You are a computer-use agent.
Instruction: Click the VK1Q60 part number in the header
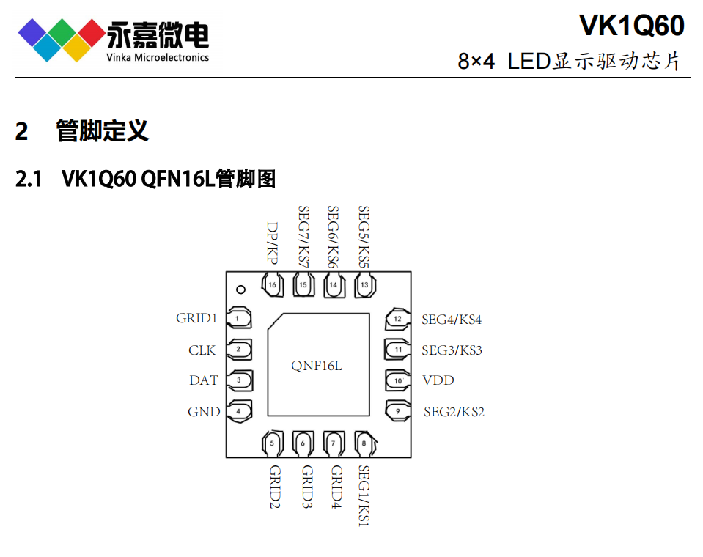coord(631,26)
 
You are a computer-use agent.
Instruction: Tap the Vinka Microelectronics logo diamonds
coord(62,40)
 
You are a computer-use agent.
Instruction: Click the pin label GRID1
coord(196,318)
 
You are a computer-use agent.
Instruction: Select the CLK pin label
coord(202,350)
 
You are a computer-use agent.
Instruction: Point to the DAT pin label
coord(204,380)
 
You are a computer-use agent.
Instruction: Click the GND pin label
coord(204,412)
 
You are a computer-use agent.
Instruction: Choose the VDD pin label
coord(438,380)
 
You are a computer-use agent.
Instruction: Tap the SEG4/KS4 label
coord(452,320)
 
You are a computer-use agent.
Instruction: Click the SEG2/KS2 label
coord(454,412)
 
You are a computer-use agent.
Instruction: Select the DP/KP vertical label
coord(273,243)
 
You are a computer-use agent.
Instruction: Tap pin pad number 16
coord(273,285)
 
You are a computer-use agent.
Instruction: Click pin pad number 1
coord(238,318)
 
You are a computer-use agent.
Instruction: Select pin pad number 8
coord(364,443)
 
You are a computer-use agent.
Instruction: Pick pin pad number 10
coord(397,380)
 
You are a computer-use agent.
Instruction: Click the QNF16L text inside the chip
coord(317,365)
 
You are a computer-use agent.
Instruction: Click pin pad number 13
coord(364,285)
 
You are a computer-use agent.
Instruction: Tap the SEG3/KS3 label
coord(452,350)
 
